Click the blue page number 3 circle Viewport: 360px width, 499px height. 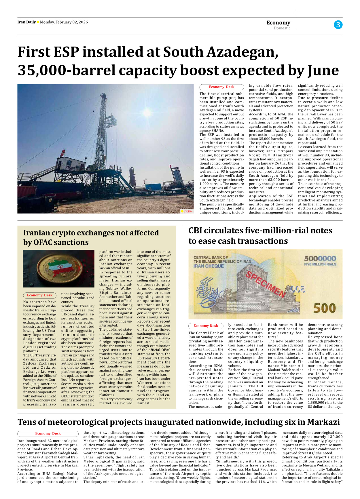[338, 25]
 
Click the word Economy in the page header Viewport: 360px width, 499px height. [278, 22]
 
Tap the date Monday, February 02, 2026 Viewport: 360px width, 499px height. [64, 22]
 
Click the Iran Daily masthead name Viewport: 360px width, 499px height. [26, 22]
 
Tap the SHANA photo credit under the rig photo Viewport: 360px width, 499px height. [188, 211]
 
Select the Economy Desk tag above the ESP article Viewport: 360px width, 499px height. [221, 87]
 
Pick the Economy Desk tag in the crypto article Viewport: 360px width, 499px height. [40, 295]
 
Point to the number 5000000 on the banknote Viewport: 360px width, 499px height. [320, 258]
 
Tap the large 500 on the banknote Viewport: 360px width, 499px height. [324, 308]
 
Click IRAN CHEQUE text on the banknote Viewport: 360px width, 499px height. [209, 266]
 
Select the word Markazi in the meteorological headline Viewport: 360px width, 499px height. [323, 422]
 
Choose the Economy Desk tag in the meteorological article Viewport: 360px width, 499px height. [48, 434]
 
